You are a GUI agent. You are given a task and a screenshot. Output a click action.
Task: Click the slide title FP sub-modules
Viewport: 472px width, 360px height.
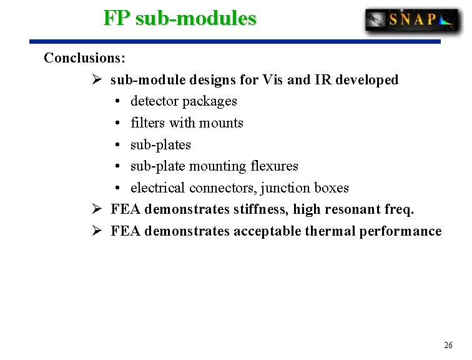180,18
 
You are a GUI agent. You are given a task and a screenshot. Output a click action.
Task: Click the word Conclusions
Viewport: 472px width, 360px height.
84,58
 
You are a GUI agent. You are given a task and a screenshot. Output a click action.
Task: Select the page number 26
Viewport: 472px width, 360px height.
448,345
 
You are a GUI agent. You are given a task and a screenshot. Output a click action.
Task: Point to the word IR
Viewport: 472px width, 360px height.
322,80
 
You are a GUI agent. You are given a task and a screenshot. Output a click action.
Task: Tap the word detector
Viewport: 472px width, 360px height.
153,101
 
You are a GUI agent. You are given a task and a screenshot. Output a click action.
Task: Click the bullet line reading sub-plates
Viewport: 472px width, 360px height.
160,145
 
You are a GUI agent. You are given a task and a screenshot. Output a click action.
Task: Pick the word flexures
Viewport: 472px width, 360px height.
274,166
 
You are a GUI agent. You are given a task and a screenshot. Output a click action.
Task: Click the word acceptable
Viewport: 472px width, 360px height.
267,231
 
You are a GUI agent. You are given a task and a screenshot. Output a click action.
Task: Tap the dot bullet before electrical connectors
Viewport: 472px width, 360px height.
119,188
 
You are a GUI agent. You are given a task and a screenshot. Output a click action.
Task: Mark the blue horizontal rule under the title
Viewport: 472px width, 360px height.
235,42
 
